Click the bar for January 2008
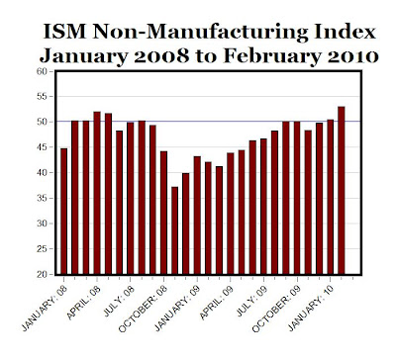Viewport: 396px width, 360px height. coord(64,212)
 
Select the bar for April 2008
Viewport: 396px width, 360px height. coord(97,193)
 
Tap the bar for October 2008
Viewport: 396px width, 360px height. coord(163,213)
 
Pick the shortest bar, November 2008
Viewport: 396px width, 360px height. coord(175,230)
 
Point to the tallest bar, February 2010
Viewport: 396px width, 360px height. coord(342,190)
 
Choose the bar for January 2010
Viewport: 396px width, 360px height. coord(330,197)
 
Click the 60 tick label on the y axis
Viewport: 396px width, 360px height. coord(43,71)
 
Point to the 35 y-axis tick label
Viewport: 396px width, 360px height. coord(43,198)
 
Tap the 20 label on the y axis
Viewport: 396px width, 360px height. coord(43,274)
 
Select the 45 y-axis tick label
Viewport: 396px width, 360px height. coord(43,147)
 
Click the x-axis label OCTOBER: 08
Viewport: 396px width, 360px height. coord(143,309)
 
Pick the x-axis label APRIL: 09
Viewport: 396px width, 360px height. coord(216,303)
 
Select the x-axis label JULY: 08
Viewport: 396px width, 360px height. coord(119,301)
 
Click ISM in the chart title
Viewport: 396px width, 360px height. coord(65,32)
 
